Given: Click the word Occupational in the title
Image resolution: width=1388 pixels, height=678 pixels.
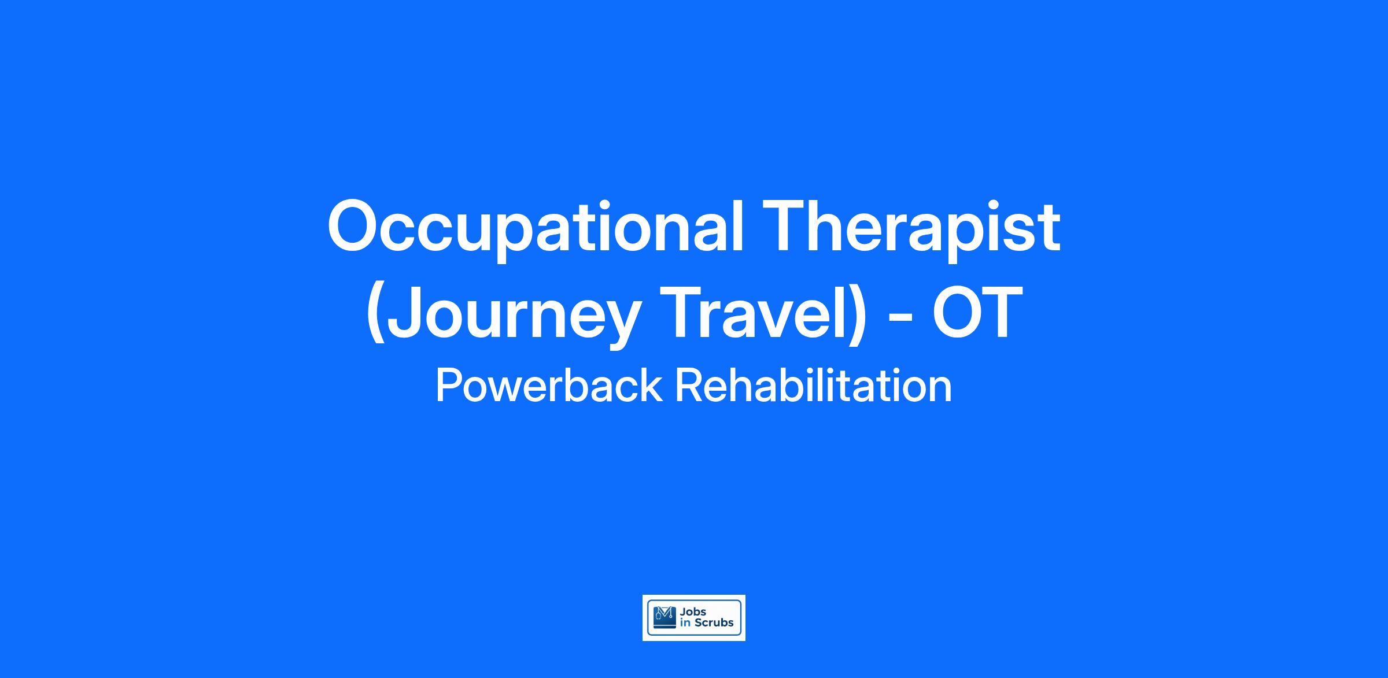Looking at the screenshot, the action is click(x=535, y=229).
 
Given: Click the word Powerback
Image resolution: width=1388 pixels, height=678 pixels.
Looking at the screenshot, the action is click(x=548, y=386).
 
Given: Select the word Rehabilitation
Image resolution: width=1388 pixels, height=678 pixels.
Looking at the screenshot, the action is click(x=813, y=386).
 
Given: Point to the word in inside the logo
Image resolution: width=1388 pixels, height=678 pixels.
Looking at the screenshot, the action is click(x=685, y=623).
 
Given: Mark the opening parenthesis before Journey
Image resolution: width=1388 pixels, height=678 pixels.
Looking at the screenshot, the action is click(x=375, y=316).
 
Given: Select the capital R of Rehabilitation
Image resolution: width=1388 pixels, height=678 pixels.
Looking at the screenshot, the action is click(x=689, y=386).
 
